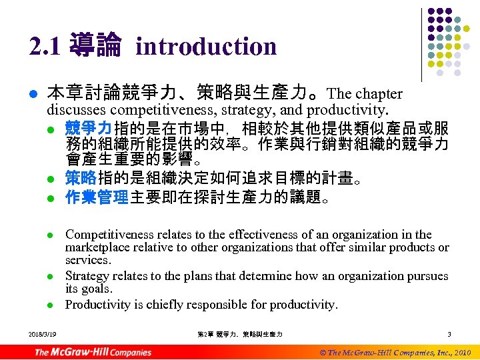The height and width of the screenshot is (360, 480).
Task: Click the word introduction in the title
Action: pos(205,47)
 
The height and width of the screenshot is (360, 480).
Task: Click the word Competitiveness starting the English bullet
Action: pos(107,235)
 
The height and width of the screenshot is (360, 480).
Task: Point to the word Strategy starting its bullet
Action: pos(87,276)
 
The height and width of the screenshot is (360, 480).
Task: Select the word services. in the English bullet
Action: pos(87,260)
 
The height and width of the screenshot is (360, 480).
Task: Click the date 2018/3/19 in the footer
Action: pos(43,334)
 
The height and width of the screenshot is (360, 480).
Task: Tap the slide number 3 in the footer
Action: pos(449,334)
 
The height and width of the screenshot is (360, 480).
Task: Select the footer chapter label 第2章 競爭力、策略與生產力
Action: pos(241,334)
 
